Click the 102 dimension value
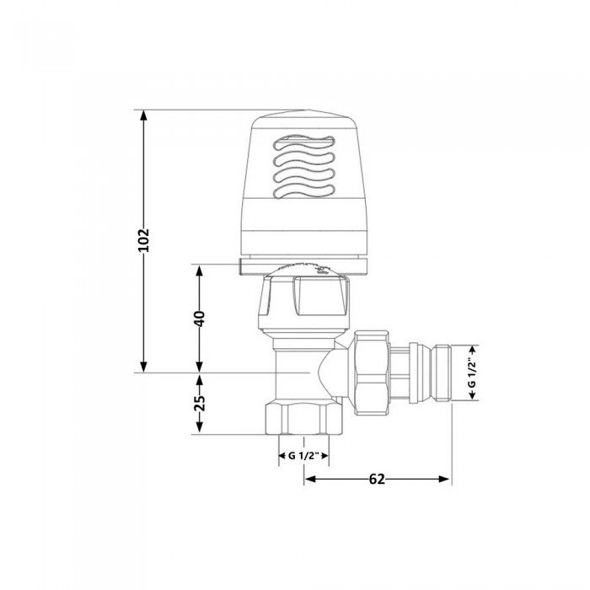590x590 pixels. pos(143,241)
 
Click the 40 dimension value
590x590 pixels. pos(200,319)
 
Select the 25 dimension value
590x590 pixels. pos(200,403)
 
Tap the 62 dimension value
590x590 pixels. pos(377,479)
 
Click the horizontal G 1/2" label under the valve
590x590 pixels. pos(302,455)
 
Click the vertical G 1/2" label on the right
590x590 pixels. pos(472,373)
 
